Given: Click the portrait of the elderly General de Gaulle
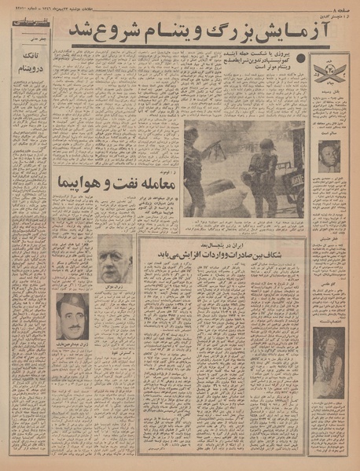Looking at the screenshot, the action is click(116, 259).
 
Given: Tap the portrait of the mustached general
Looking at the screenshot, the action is click(73, 315).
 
